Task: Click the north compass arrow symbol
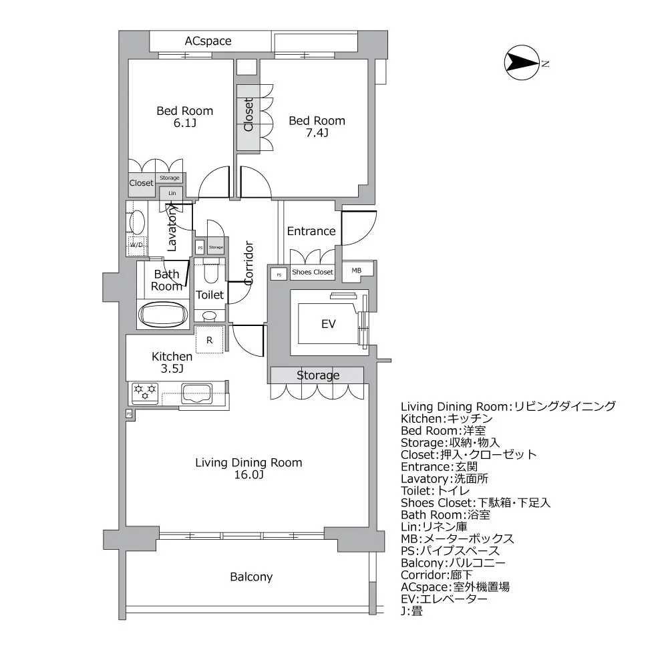[x=521, y=63]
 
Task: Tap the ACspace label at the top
[x=208, y=41]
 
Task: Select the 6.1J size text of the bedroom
[x=184, y=124]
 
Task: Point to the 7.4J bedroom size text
[x=317, y=134]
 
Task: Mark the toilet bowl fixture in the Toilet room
[x=210, y=274]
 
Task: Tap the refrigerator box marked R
[x=210, y=340]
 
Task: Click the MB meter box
[x=357, y=271]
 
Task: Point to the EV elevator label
[x=328, y=324]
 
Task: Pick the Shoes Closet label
[x=312, y=273]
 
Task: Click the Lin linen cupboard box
[x=172, y=193]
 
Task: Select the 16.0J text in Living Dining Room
[x=248, y=476]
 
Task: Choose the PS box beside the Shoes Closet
[x=279, y=274]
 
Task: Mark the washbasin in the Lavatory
[x=137, y=221]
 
